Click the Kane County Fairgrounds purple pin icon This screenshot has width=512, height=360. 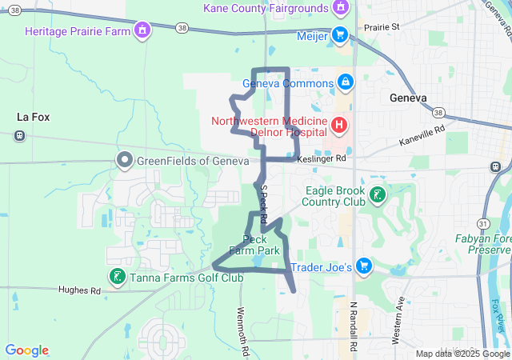[341, 8]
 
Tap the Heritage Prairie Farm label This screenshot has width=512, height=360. [77, 31]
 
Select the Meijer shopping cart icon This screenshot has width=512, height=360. [339, 34]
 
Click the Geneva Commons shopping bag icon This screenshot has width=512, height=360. [346, 82]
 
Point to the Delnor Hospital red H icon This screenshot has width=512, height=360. [338, 125]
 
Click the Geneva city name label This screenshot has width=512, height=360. [408, 98]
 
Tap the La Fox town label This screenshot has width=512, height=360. [34, 117]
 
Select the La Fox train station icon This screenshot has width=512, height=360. [18, 134]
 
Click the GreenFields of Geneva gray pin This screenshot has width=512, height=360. [124, 160]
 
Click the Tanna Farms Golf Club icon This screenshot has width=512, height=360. [117, 277]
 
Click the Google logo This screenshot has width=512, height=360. [26, 350]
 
